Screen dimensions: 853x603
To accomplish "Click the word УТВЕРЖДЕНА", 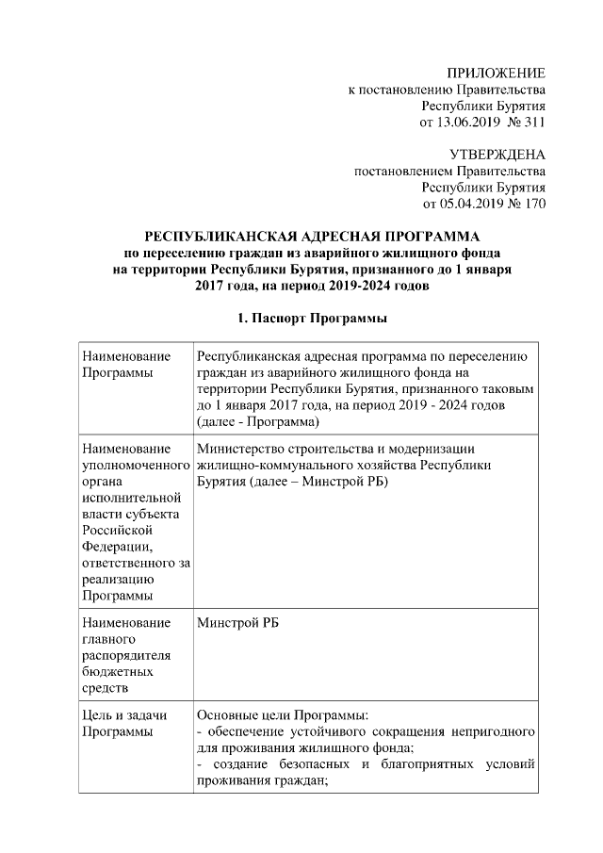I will click(496, 155).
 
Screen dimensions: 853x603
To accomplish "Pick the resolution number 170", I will click(533, 203).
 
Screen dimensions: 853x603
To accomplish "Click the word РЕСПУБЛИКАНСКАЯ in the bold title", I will click(215, 237).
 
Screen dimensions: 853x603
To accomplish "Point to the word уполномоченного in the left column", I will click(135, 466).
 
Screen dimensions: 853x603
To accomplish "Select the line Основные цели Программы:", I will click(276, 715).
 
